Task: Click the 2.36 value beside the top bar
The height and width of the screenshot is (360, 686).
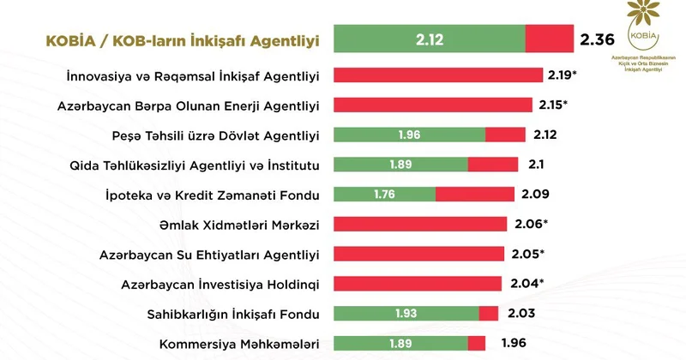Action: click(x=598, y=39)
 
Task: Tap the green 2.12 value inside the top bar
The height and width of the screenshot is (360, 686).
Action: click(x=429, y=39)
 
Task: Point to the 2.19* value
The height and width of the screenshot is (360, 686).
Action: click(x=563, y=75)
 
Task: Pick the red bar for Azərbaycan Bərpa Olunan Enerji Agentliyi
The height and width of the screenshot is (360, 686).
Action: click(x=436, y=105)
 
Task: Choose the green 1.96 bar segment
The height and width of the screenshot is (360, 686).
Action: click(x=408, y=135)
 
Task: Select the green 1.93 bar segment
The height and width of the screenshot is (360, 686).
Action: click(x=406, y=314)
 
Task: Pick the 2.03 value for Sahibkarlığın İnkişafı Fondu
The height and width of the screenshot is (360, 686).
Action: click(x=521, y=314)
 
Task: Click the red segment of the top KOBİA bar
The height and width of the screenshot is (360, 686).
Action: click(x=549, y=39)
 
